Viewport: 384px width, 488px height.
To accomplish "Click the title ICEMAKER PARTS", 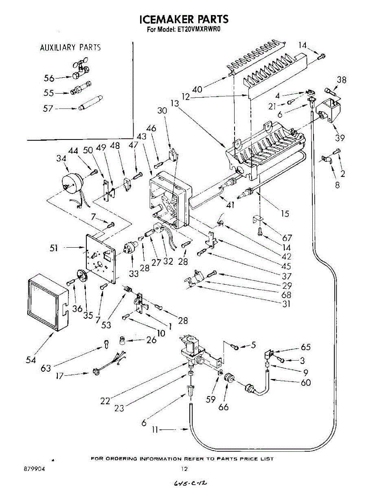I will (184, 19).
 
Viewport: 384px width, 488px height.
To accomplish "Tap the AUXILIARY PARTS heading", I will (70, 48).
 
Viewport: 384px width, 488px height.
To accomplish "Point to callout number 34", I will (62, 158).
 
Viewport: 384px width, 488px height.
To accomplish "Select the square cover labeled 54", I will (48, 300).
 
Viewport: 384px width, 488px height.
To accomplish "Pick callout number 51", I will (54, 248).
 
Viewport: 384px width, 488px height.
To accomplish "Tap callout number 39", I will (340, 138).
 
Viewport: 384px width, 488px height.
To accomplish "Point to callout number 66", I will (224, 407).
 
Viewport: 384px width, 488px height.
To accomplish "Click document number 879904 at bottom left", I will (34, 469).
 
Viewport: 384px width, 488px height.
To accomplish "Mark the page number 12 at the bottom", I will (184, 469).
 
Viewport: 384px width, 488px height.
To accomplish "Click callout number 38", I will (341, 81).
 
